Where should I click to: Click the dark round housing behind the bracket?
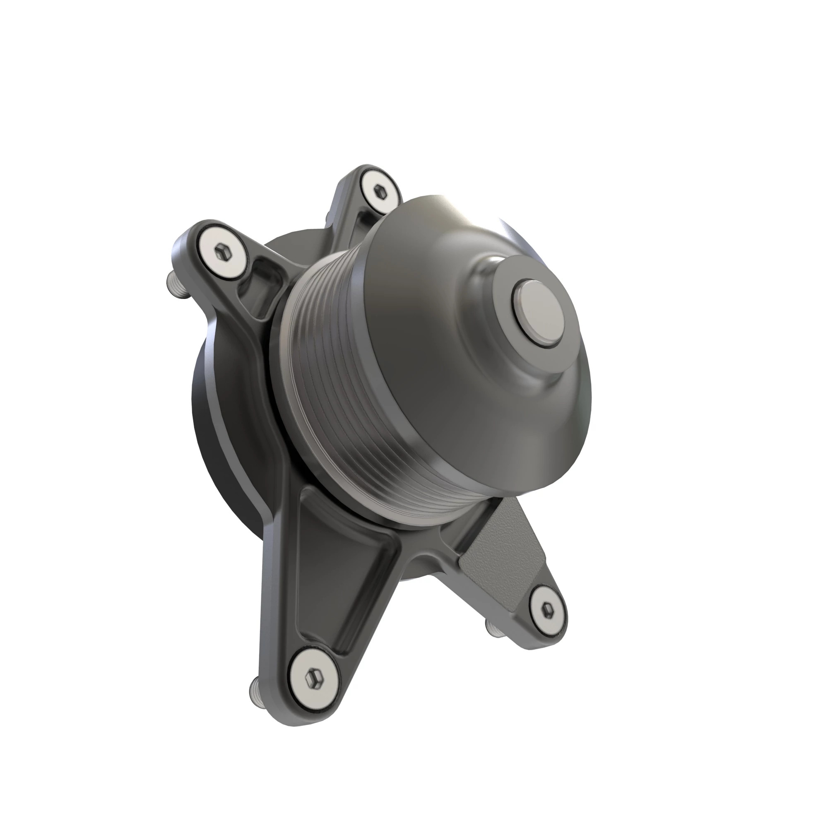[x=223, y=428]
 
